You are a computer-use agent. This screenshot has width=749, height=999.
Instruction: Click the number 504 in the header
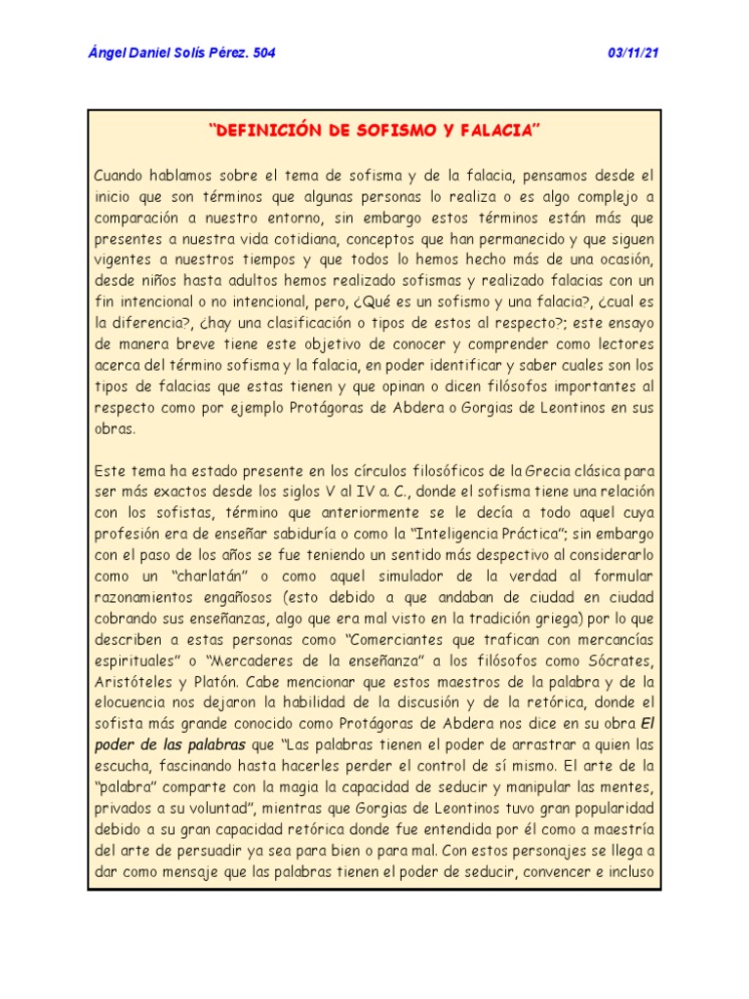click(x=263, y=53)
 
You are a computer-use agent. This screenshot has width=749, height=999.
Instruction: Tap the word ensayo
click(x=628, y=324)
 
